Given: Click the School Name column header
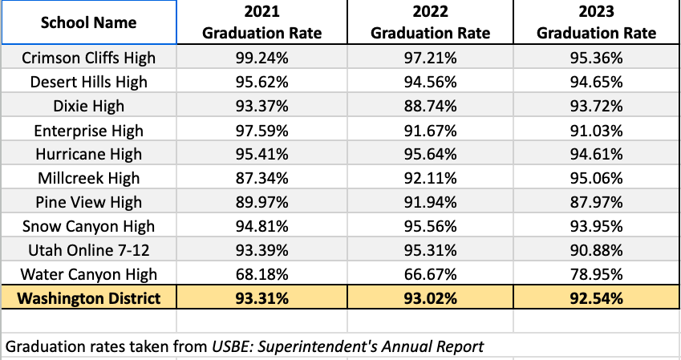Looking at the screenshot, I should pyautogui.click(x=88, y=22).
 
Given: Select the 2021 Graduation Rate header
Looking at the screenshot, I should pyautogui.click(x=262, y=22).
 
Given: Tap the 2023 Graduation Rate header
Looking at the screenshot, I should pyautogui.click(x=596, y=22).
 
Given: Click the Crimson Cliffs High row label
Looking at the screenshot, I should pyautogui.click(x=88, y=58).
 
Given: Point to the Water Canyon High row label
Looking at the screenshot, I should pyautogui.click(x=88, y=275).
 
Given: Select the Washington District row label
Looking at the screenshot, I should pyautogui.click(x=88, y=299).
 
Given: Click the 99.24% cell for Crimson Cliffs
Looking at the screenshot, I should pyautogui.click(x=262, y=58).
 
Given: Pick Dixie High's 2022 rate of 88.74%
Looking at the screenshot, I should pyautogui.click(x=429, y=107).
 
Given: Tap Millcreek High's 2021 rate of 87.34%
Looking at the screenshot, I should pyautogui.click(x=262, y=179).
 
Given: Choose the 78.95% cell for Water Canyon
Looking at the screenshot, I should pyautogui.click(x=596, y=275).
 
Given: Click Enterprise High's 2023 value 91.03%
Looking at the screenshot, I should pyautogui.click(x=596, y=131).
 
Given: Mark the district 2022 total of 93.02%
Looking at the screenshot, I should pyautogui.click(x=429, y=299).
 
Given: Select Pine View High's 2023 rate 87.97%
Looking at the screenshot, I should pyautogui.click(x=596, y=203).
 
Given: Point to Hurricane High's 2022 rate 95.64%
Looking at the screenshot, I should pyautogui.click(x=429, y=155).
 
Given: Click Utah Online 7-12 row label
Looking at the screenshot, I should pyautogui.click(x=88, y=251).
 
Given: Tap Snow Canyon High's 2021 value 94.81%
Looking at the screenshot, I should pyautogui.click(x=262, y=227).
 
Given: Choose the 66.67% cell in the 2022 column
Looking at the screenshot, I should pyautogui.click(x=429, y=275).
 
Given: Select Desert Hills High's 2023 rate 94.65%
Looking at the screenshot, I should pyautogui.click(x=596, y=82).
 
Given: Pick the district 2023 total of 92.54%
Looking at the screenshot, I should pyautogui.click(x=596, y=299).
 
